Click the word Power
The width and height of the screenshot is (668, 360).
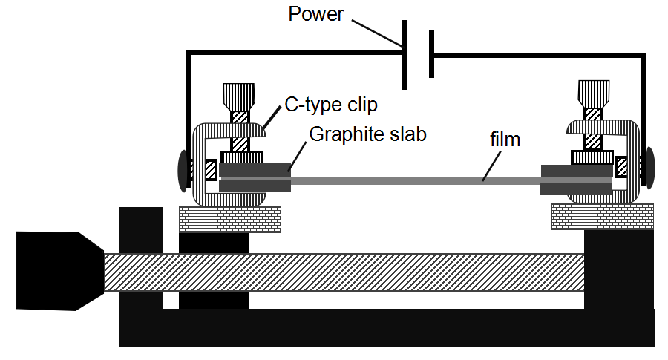click(316, 14)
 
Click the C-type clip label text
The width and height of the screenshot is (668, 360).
click(331, 105)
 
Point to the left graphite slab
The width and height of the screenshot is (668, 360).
click(255, 178)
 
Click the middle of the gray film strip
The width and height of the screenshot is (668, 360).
click(416, 180)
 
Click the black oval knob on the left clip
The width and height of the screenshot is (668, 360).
click(183, 169)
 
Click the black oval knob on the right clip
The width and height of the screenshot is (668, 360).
click(651, 167)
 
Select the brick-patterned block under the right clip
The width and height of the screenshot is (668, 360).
click(602, 216)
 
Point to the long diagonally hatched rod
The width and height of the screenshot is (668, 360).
click(341, 272)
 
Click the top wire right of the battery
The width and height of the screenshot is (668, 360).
click(534, 53)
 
